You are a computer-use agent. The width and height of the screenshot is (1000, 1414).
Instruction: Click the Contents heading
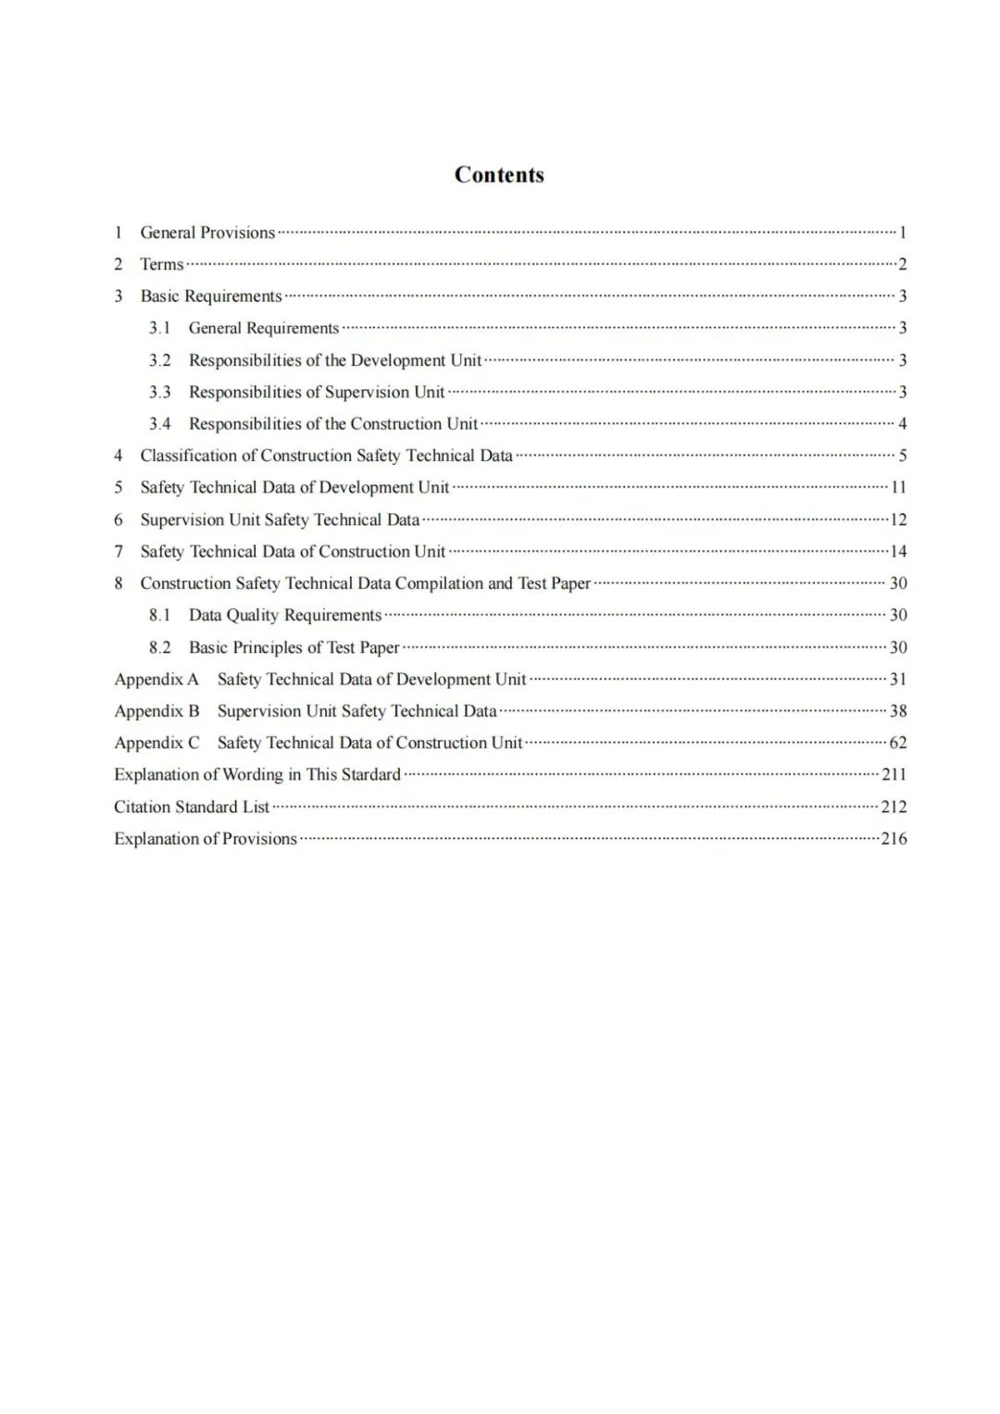pyautogui.click(x=499, y=175)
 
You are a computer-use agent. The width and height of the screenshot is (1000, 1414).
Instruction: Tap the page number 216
pyautogui.click(x=894, y=839)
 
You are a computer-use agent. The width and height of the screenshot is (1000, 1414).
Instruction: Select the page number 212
pyautogui.click(x=894, y=807)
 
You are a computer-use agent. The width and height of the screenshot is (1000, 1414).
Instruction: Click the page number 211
pyautogui.click(x=894, y=774)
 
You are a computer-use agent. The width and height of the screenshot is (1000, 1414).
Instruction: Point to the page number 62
pyautogui.click(x=898, y=743)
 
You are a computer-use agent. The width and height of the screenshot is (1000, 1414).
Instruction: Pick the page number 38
pyautogui.click(x=898, y=711)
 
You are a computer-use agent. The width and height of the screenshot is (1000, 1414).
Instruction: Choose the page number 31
pyautogui.click(x=898, y=679)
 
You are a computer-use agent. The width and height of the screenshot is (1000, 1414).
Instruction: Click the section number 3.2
pyautogui.click(x=160, y=360)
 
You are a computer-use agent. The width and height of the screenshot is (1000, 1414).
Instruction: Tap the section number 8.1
pyautogui.click(x=160, y=615)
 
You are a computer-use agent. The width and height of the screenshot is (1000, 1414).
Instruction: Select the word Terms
pyautogui.click(x=162, y=264)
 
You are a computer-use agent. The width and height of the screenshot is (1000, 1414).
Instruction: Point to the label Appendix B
pyautogui.click(x=156, y=711)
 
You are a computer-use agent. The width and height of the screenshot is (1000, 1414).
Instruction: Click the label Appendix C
pyautogui.click(x=156, y=743)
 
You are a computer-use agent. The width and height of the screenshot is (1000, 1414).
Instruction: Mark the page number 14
pyautogui.click(x=898, y=552)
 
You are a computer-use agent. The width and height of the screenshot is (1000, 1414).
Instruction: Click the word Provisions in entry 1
pyautogui.click(x=238, y=232)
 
